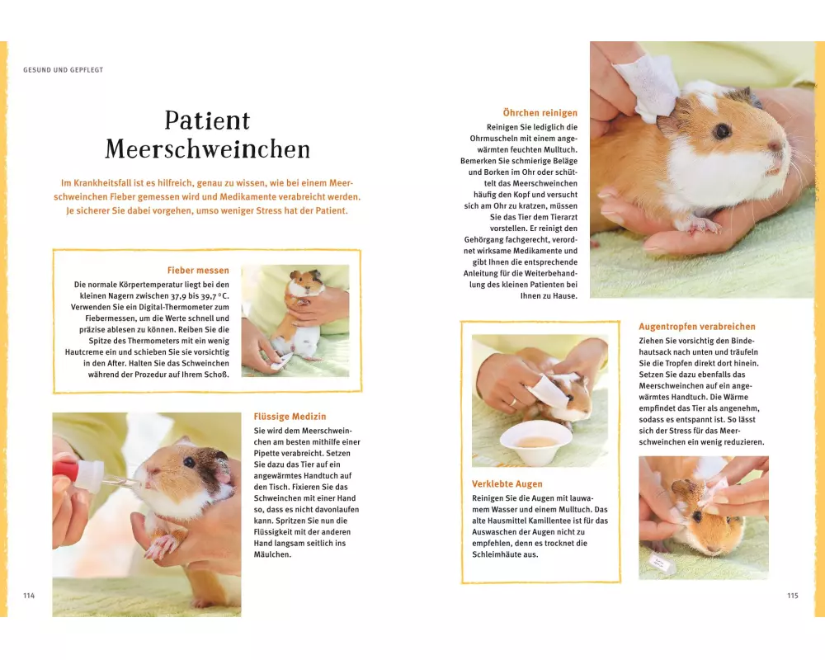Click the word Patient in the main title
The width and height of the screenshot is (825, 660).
tap(207, 120)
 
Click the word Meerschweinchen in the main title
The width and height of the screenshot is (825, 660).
tap(208, 149)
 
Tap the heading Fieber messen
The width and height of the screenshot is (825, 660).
tap(198, 271)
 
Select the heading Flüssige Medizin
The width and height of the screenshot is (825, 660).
tap(290, 417)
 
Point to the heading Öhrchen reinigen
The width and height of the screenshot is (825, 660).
tap(540, 113)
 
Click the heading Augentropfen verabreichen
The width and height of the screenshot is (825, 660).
tap(697, 327)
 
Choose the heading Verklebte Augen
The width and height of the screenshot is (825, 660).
tap(507, 483)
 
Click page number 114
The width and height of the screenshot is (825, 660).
tap(29, 596)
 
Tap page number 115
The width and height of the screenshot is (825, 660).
tap(793, 596)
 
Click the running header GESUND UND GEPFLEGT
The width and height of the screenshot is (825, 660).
tap(64, 69)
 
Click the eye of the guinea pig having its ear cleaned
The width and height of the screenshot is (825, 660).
tap(723, 130)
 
